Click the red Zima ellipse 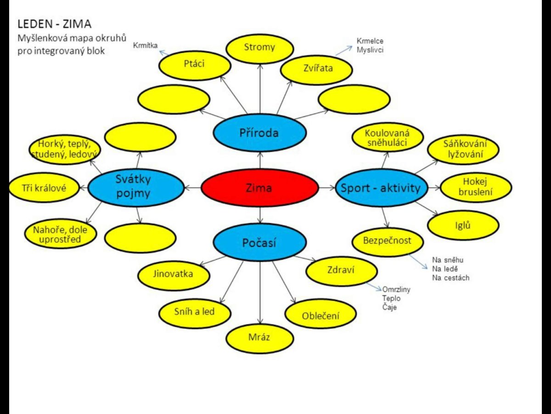(259, 188)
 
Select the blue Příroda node (259, 133)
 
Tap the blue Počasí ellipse (259, 242)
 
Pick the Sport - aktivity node (382, 188)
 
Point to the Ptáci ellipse (194, 65)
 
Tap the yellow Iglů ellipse (463, 225)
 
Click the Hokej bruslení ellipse (476, 187)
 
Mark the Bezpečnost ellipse (388, 241)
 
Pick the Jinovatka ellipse (174, 275)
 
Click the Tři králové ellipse (44, 188)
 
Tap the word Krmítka (146, 46)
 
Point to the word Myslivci (370, 50)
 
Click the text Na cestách (450, 278)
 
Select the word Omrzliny (396, 290)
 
